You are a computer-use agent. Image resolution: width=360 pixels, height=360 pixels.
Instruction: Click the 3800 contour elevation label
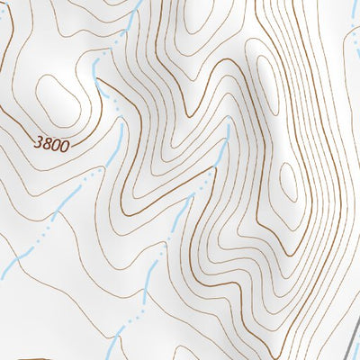click(x=51, y=142)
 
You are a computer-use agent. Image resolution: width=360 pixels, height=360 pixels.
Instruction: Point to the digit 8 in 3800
click(x=47, y=142)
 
